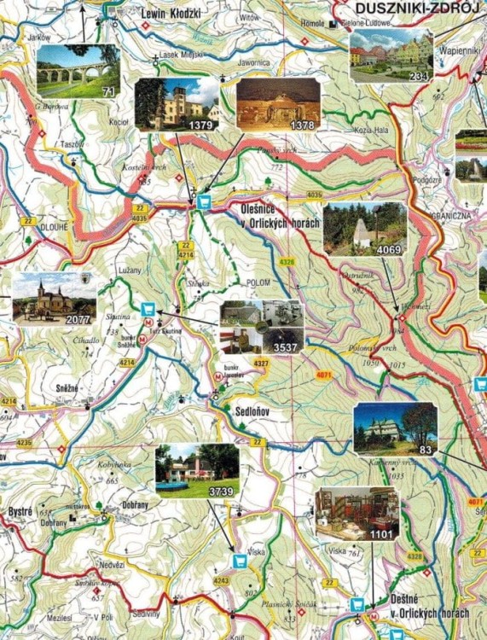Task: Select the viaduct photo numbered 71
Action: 78,72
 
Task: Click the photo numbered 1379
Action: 177,102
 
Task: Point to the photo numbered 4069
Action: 364,230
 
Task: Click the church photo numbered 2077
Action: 54,299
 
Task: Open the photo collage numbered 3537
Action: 261,327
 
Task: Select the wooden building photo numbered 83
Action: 395,428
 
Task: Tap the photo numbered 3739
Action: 197,471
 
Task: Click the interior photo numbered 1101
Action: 357,513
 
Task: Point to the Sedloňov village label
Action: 254,410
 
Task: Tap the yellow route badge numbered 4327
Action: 261,364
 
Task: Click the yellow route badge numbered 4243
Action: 221,581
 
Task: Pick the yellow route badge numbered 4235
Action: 24,443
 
